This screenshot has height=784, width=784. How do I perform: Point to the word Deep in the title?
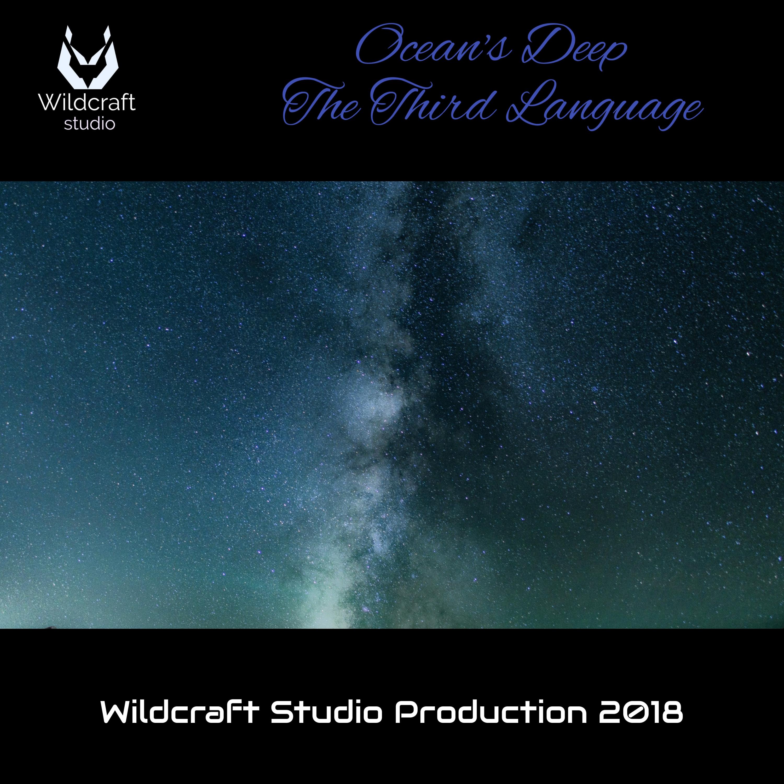(x=574, y=48)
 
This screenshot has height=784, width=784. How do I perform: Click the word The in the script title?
(x=321, y=102)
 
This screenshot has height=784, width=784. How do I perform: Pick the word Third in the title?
(x=433, y=101)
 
